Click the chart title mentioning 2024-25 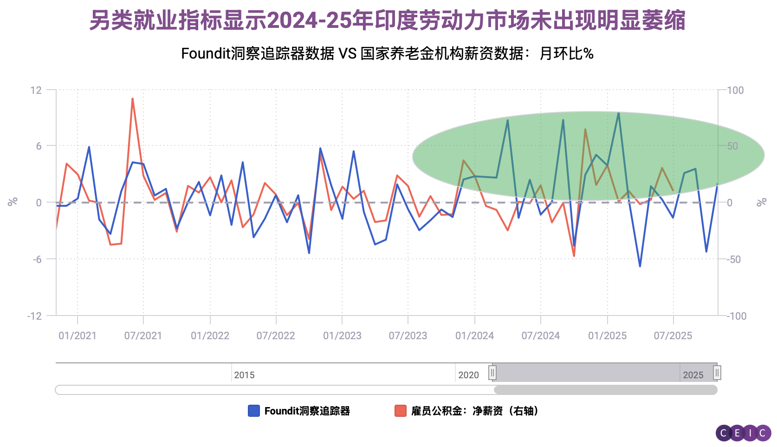click(x=387, y=20)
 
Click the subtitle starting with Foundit click(x=387, y=54)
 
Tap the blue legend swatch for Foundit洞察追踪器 click(x=253, y=411)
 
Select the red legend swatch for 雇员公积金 click(x=400, y=411)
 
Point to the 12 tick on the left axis click(x=36, y=90)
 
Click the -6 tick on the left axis click(x=37, y=259)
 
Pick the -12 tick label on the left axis click(x=34, y=316)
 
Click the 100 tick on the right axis click(x=735, y=90)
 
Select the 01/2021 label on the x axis click(x=78, y=335)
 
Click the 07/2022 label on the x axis click(x=276, y=335)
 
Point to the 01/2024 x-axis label click(x=474, y=335)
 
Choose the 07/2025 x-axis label click(x=673, y=335)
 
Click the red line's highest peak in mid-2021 click(x=132, y=99)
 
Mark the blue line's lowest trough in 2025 click(x=640, y=266)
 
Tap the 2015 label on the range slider click(x=244, y=375)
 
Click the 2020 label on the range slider click(x=468, y=375)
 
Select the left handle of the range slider click(x=492, y=373)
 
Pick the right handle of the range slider click(x=717, y=373)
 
